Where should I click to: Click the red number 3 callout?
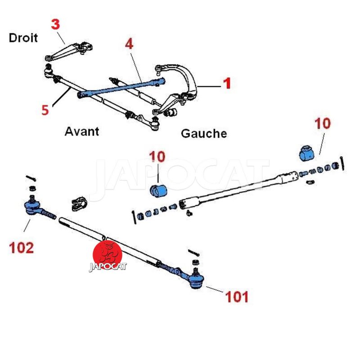point(55,24)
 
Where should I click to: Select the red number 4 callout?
point(129,44)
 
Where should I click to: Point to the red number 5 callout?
point(45,109)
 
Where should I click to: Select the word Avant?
point(81,131)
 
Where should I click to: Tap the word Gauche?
point(203,133)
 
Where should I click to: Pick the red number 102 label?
point(21,247)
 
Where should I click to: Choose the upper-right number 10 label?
point(323,123)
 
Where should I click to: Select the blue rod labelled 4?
point(121,87)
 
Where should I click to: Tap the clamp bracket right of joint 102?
point(79,203)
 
